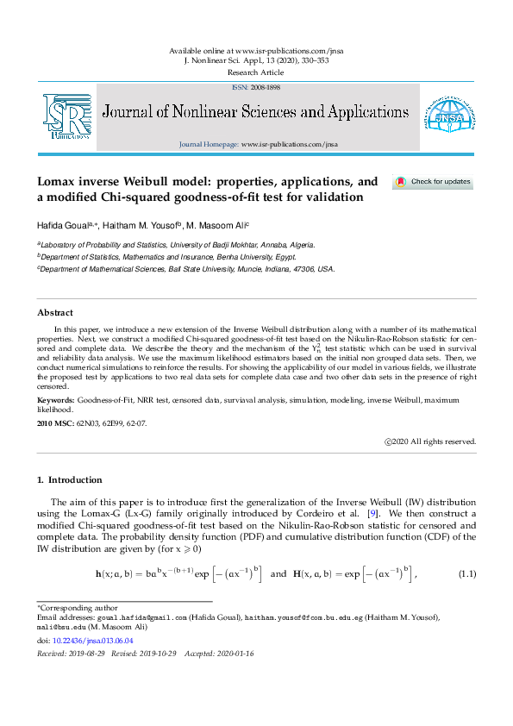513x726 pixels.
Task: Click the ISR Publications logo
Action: point(66,116)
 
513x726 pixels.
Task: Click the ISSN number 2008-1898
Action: point(263,88)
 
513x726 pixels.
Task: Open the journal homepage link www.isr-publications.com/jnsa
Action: point(289,144)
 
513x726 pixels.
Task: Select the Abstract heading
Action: point(55,312)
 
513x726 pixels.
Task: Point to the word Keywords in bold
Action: point(54,401)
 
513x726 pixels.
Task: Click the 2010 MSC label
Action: point(55,424)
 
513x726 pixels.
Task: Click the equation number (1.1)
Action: point(466,573)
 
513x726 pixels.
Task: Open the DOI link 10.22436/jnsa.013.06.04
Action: point(92,641)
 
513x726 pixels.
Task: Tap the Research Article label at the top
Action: point(256,73)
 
